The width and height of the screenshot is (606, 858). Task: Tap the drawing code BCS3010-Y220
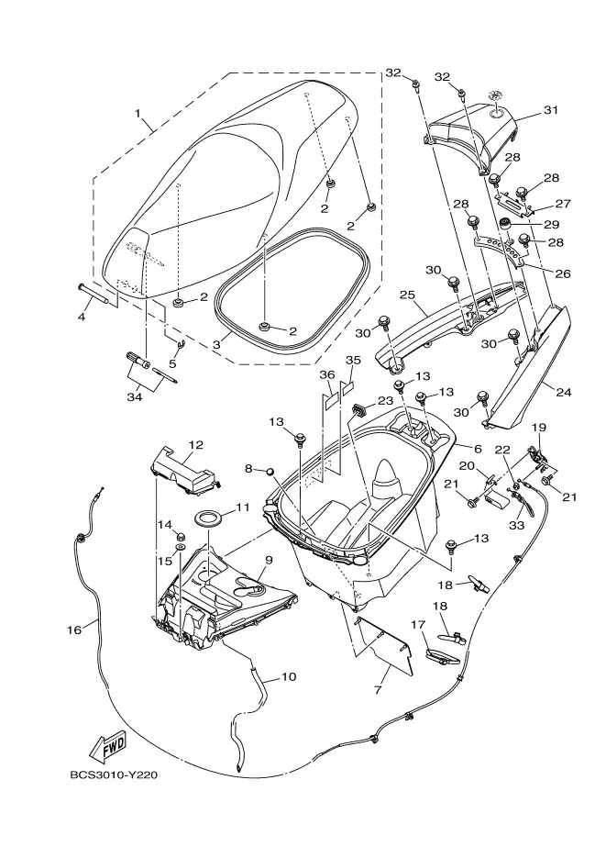coord(114,774)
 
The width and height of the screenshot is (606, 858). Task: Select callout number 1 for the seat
coord(138,116)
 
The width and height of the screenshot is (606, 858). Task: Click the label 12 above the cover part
coord(194,444)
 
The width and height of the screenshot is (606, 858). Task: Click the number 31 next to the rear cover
coord(550,110)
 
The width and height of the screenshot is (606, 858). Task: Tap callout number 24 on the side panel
coord(562,392)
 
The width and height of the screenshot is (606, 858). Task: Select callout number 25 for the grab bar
coord(407,295)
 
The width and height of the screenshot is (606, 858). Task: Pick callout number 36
coord(326,375)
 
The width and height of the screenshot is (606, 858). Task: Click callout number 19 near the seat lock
coord(538,427)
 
